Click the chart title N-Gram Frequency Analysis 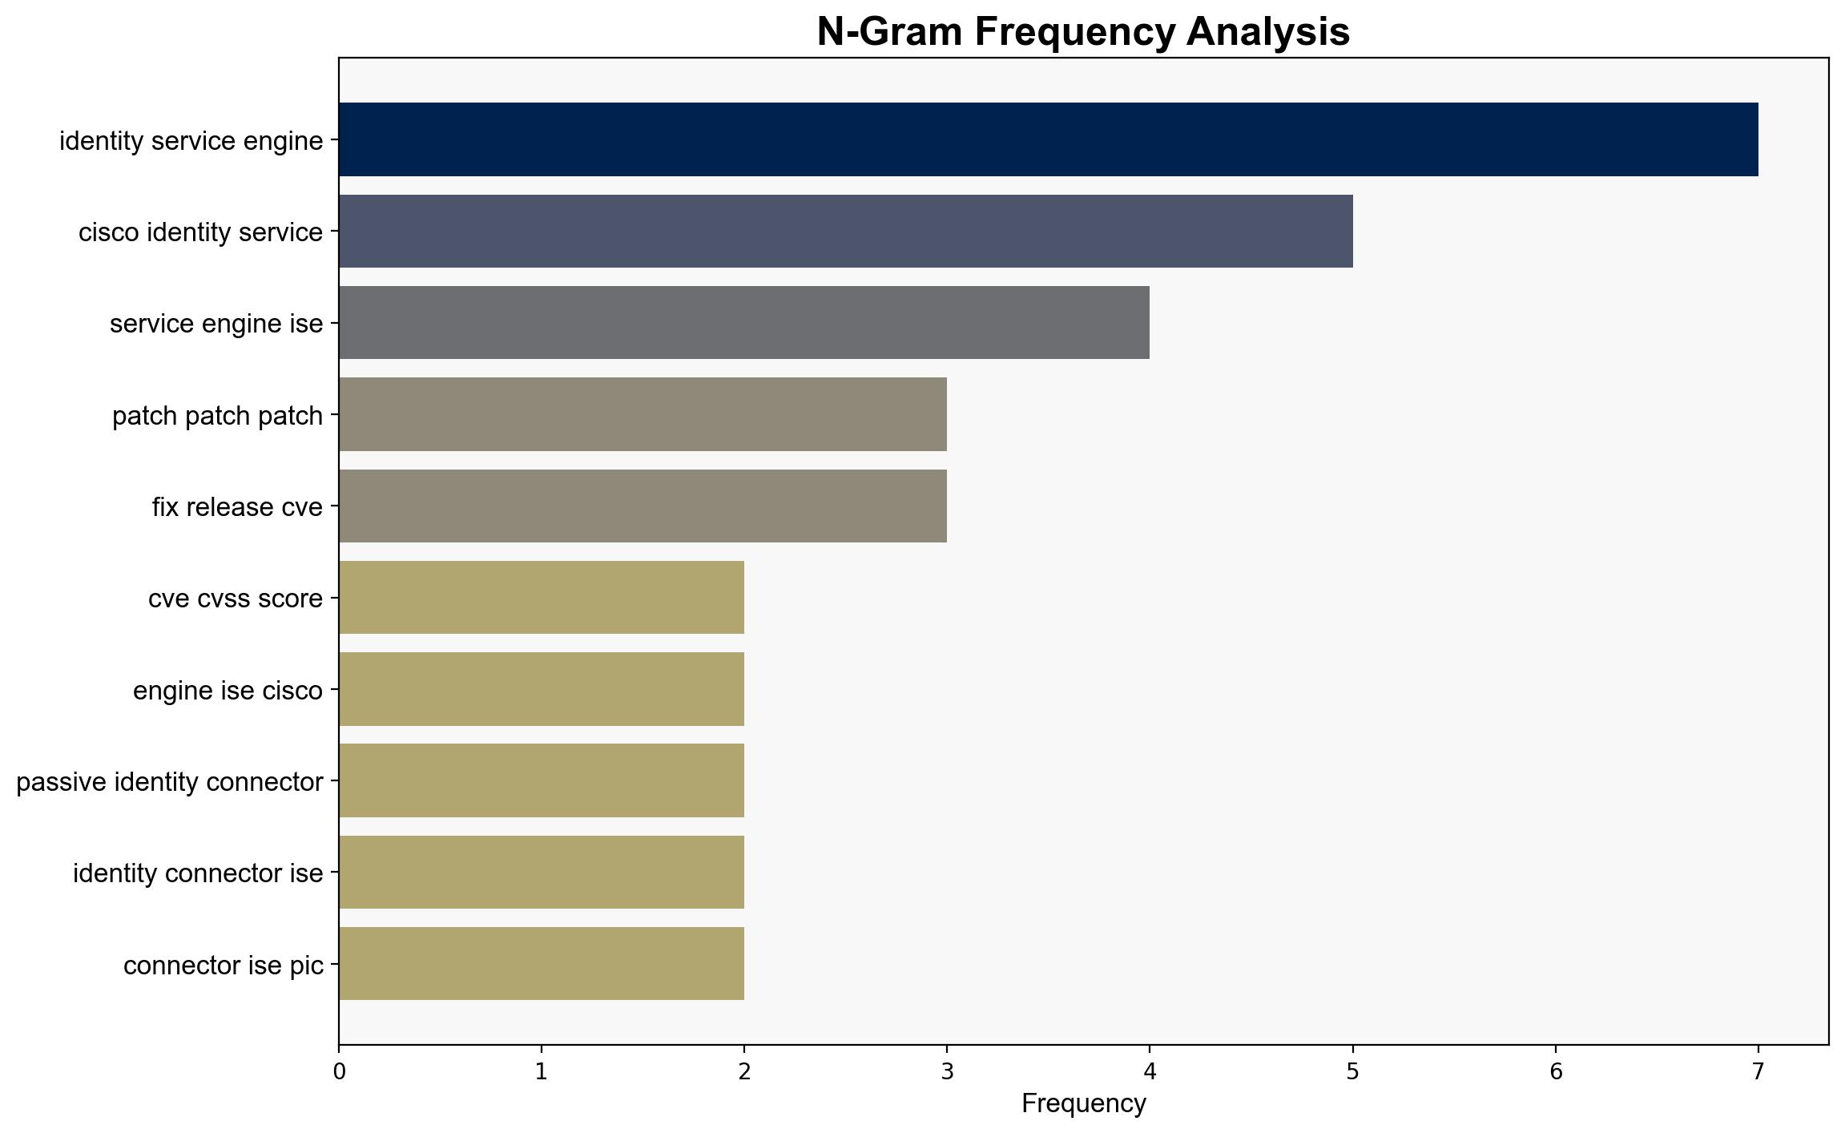(1083, 32)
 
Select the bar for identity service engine (1049, 139)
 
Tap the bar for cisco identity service (846, 231)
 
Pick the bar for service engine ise (744, 323)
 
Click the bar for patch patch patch (643, 414)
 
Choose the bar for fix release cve (643, 506)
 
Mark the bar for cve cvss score (542, 598)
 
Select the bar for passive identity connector (542, 780)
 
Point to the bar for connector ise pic (542, 964)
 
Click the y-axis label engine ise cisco (228, 690)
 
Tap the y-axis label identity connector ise (198, 873)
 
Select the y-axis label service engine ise (216, 324)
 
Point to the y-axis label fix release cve (237, 506)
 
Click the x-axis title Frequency (1083, 1104)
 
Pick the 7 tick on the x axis (1758, 1071)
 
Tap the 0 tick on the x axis (340, 1071)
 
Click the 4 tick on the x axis (1150, 1071)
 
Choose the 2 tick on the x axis (744, 1071)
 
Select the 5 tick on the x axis (1353, 1071)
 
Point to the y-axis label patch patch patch (217, 416)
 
